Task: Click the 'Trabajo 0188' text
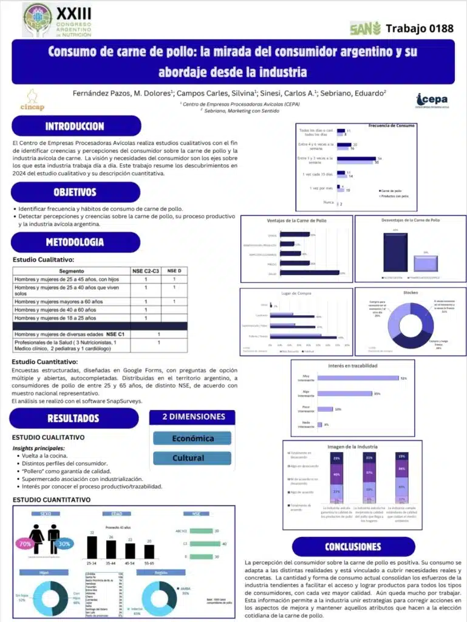tap(419, 28)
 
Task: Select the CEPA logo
tap(432, 101)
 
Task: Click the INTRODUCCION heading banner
tap(75, 126)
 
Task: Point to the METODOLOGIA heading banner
tap(75, 242)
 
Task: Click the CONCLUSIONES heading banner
tap(353, 547)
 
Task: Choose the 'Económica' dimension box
tap(193, 438)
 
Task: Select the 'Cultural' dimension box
tap(193, 458)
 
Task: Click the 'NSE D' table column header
tap(174, 271)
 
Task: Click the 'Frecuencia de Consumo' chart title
tap(392, 126)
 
